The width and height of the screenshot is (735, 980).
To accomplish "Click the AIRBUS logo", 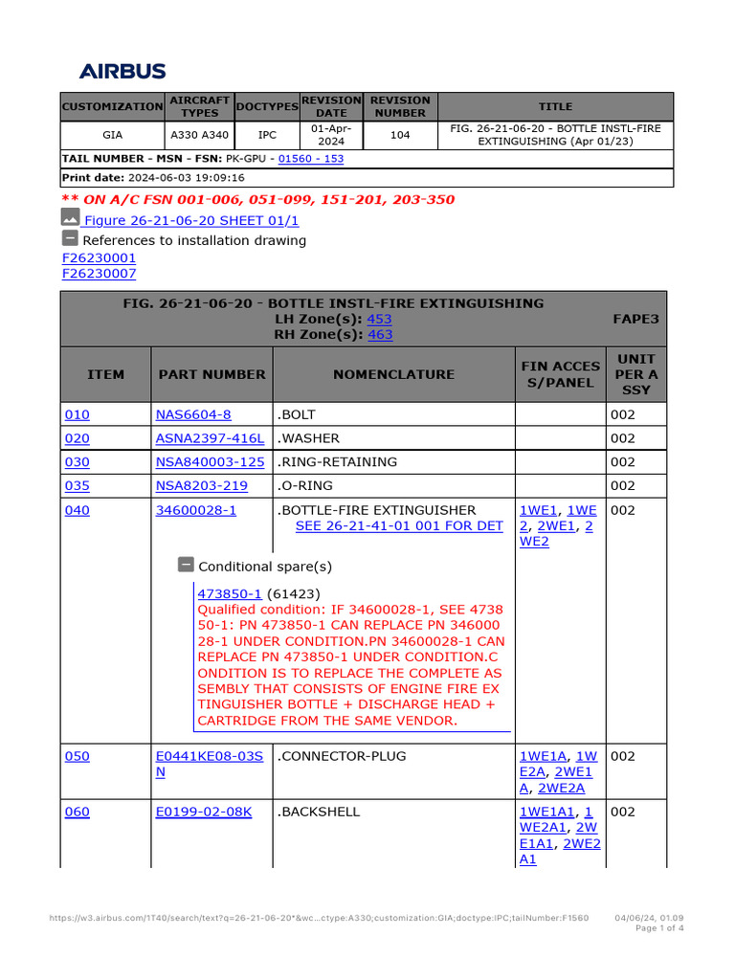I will coord(122,71).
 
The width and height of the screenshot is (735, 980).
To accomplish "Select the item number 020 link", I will coord(77,438).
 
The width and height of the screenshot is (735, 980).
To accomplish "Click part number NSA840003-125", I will coord(210,461).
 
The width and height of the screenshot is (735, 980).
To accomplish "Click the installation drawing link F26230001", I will coord(99,258).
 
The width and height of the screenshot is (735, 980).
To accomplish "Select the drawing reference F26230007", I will coord(99,274).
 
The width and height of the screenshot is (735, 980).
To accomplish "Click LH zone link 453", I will coord(379,319).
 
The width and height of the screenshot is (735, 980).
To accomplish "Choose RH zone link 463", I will coord(380,335).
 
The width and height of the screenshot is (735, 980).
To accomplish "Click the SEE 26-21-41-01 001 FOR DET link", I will coord(399,525).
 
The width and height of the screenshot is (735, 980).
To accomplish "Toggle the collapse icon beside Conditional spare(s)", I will coord(186,565).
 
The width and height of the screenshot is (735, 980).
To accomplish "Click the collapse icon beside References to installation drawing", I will coord(70,238).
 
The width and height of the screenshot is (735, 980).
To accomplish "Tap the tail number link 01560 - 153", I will coord(311,158).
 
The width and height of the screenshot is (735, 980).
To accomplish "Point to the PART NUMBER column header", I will coord(212,374).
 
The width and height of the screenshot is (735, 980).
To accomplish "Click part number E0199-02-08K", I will coord(204,812).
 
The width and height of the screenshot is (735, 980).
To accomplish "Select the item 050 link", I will coord(77,756).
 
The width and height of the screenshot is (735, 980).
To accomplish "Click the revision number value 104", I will coord(400,135).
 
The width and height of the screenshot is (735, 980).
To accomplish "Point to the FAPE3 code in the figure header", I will coord(635,319).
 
